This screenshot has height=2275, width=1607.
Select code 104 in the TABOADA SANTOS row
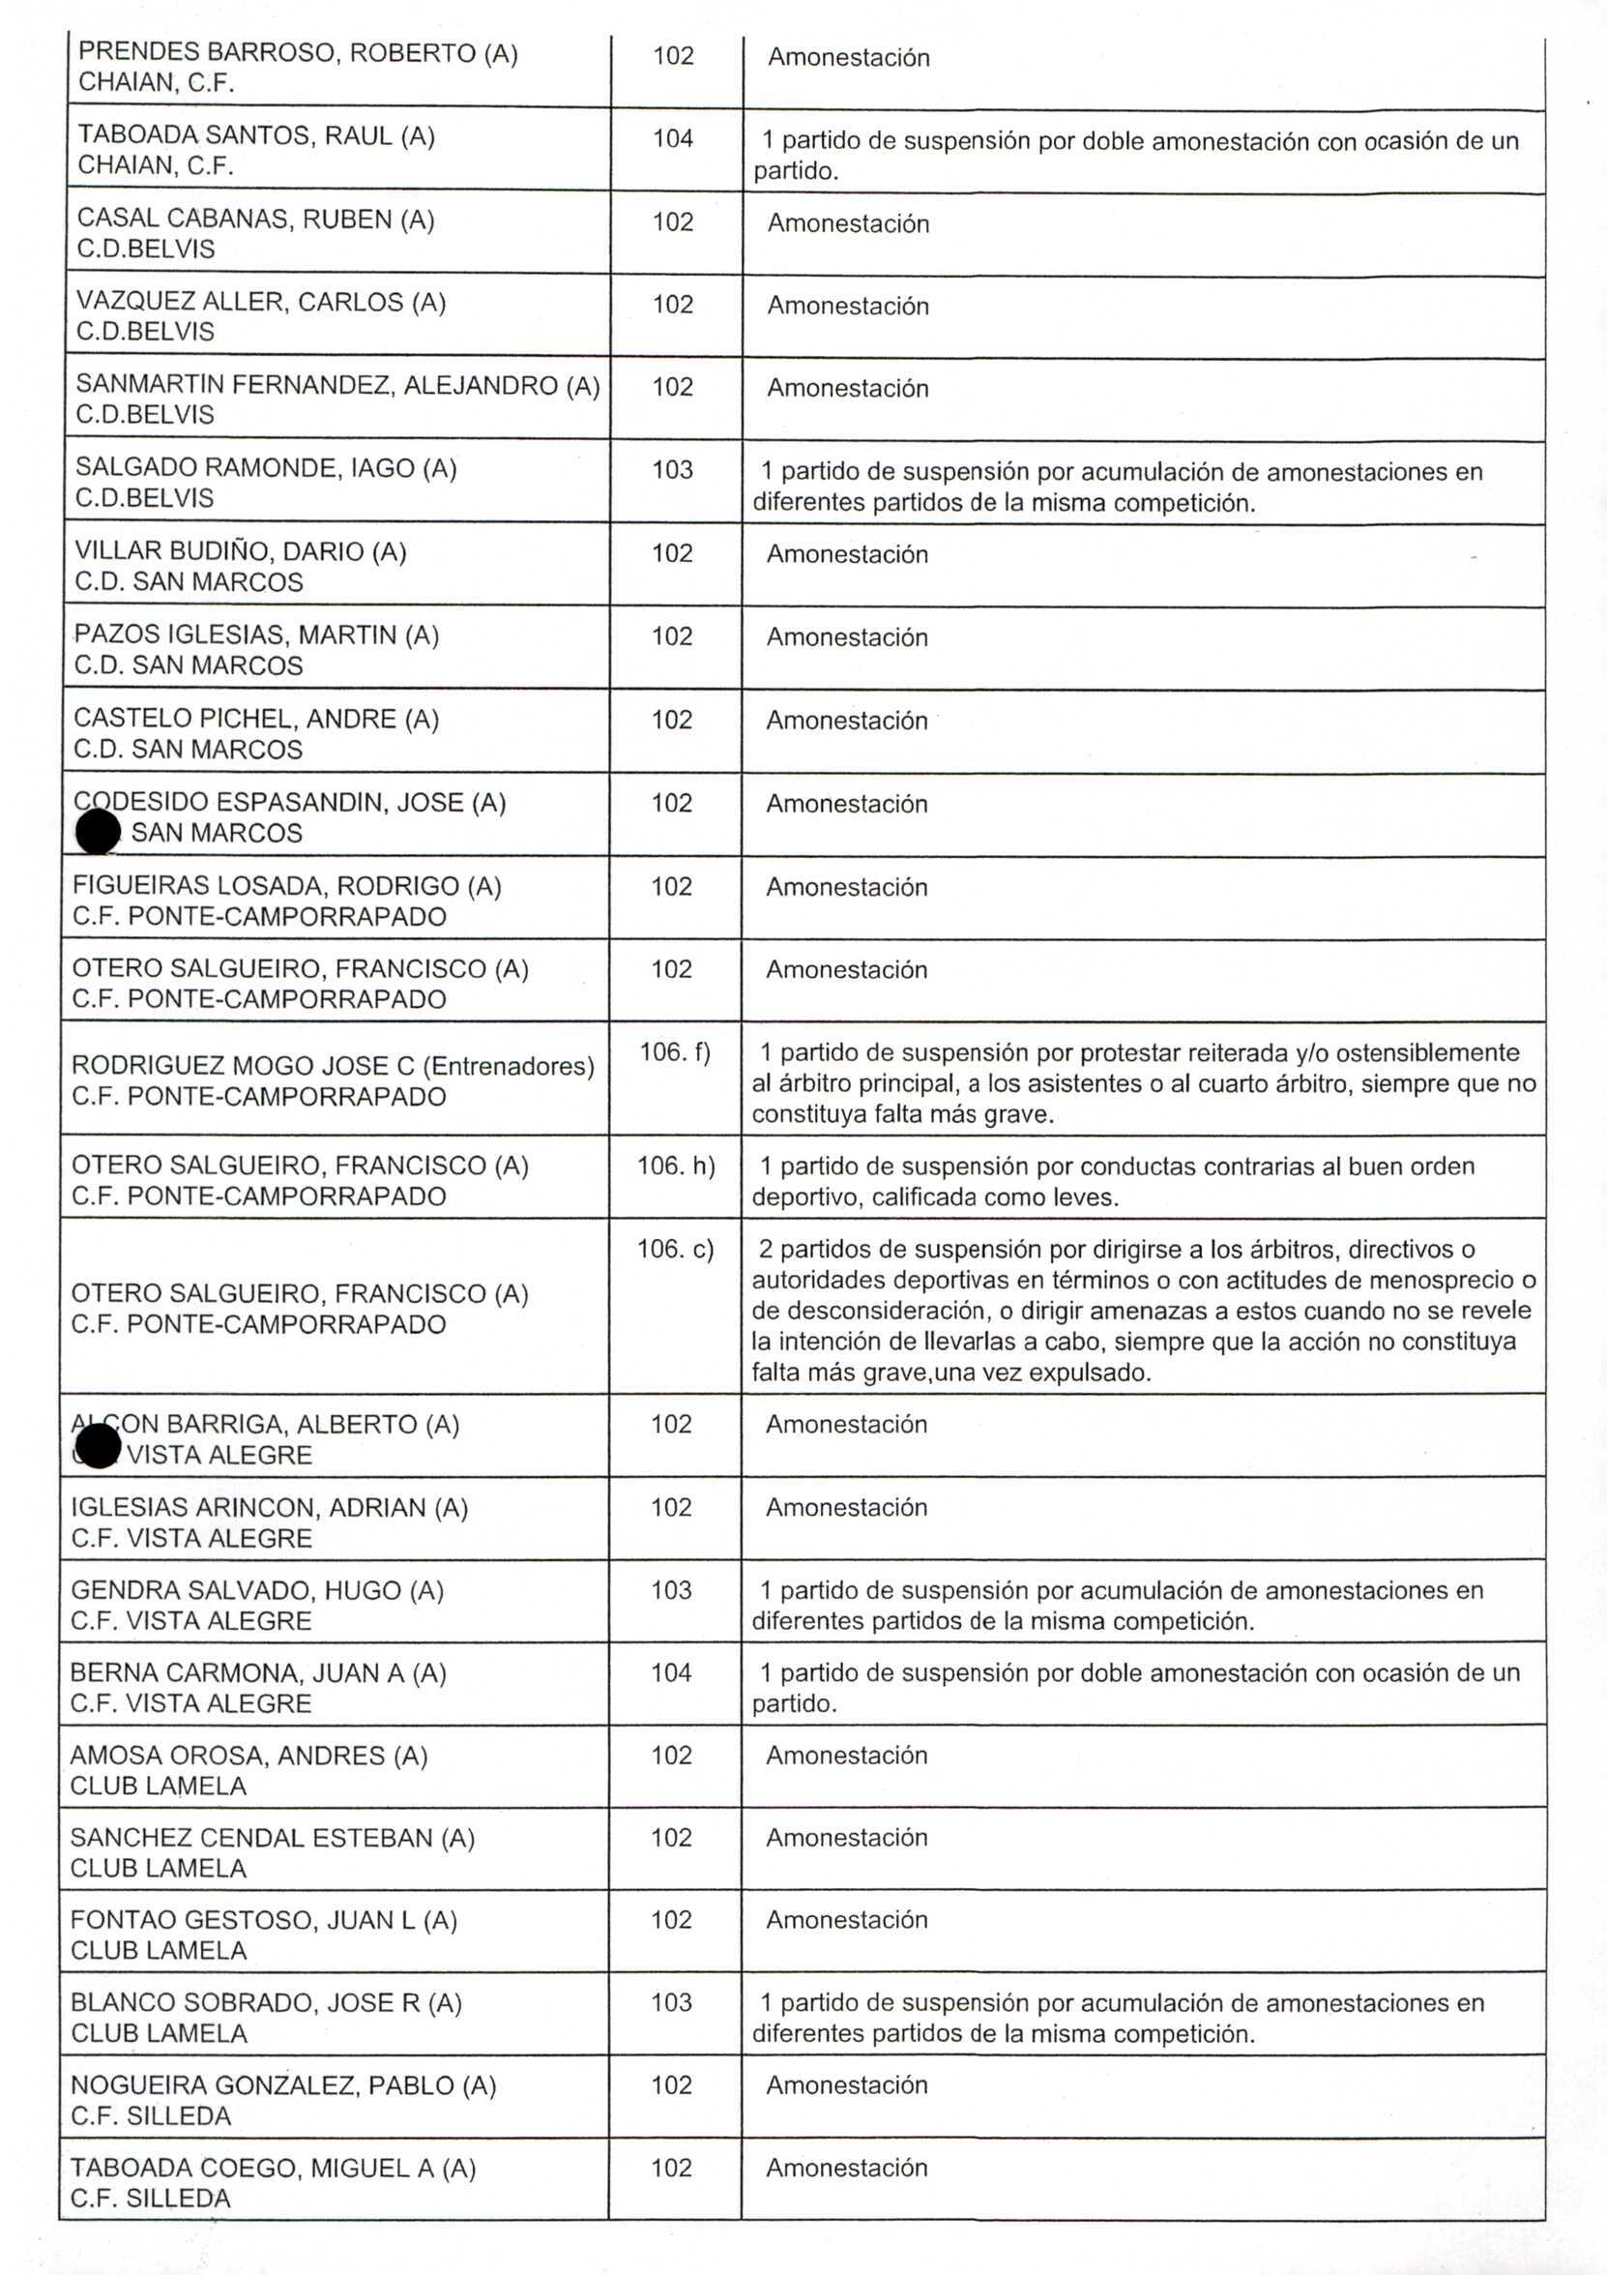tap(673, 138)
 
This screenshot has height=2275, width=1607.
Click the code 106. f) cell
tap(675, 1051)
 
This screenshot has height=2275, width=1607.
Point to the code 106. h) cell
tap(676, 1166)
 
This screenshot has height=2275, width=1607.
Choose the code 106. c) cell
tap(675, 1249)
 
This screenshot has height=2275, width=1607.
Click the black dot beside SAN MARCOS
tap(98, 831)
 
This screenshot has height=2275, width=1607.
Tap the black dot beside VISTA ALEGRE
tap(97, 1448)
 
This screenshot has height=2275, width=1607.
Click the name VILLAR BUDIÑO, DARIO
tap(240, 551)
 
